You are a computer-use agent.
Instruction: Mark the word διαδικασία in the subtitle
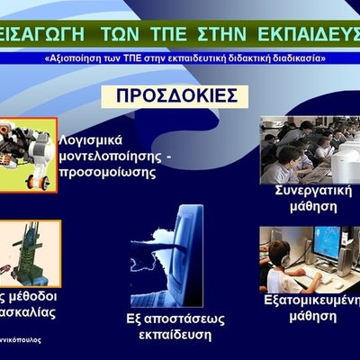click(296, 58)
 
